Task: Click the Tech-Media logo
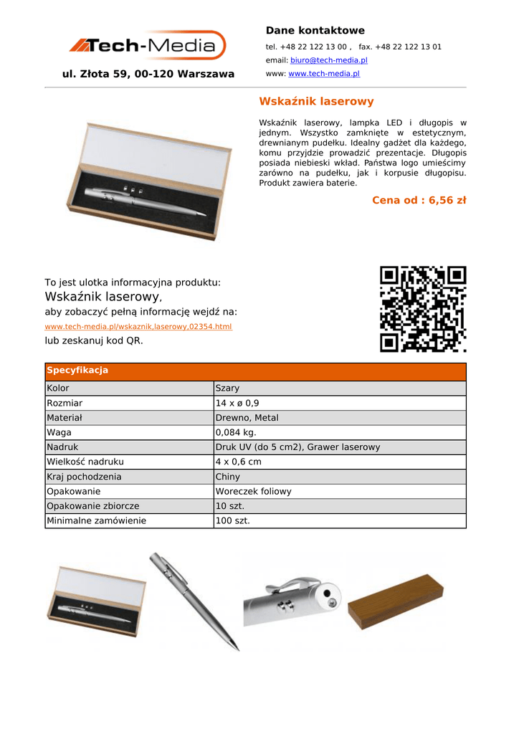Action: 148,46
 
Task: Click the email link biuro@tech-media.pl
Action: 328,60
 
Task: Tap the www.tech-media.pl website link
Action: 323,73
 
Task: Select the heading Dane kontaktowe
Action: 315,30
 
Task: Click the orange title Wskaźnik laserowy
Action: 316,102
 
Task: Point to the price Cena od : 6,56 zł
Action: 419,200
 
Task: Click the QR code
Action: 423,309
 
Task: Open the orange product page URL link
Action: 138,326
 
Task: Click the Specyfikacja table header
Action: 77,371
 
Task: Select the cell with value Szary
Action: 227,388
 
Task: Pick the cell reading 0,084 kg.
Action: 235,432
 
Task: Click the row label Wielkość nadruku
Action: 85,462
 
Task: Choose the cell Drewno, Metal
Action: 247,417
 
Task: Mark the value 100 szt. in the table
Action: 232,520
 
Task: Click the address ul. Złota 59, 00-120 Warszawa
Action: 148,74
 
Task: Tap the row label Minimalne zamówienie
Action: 96,520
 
